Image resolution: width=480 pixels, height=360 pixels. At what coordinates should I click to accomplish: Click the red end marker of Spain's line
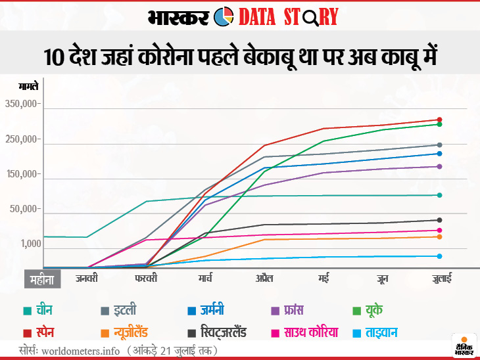[x=439, y=120]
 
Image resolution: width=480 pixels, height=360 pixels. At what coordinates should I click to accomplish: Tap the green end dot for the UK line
[x=439, y=124]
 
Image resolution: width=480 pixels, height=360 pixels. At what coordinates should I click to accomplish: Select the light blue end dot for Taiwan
[x=439, y=256]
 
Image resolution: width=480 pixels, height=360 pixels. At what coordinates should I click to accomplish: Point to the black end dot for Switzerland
[x=439, y=220]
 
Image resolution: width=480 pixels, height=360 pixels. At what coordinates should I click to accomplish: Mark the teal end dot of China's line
[x=439, y=195]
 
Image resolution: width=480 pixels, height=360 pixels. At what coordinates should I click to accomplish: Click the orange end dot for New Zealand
[x=439, y=236]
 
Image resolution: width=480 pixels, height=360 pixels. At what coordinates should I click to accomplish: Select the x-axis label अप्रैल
[x=265, y=279]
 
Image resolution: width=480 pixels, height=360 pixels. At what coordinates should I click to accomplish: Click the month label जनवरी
[x=86, y=279]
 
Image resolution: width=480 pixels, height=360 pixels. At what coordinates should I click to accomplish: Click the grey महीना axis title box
[x=43, y=279]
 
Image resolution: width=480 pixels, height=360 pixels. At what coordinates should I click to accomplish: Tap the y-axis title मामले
[x=28, y=86]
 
